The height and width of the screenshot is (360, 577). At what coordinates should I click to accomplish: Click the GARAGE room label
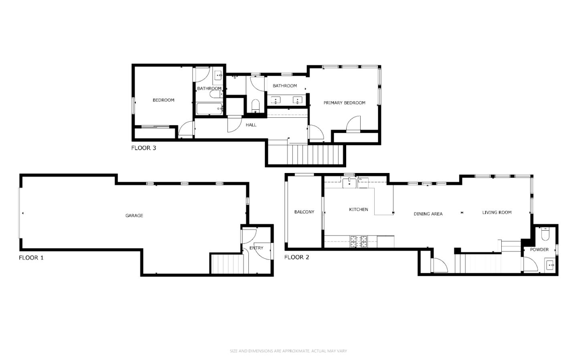coord(134,215)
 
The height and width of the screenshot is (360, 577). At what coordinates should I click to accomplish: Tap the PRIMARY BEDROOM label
coord(345,103)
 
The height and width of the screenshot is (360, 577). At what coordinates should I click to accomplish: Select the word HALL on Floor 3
coord(251,125)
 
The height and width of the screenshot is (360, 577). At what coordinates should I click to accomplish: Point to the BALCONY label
coord(304,212)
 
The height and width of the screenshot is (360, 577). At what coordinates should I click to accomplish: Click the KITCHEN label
coord(359,209)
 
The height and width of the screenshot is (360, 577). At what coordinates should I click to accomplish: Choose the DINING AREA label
coord(428,214)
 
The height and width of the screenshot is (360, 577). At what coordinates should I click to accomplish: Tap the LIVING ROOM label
coord(497,213)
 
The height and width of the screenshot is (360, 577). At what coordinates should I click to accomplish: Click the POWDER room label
coord(539,249)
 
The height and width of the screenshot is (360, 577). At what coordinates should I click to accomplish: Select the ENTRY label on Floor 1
coord(256,248)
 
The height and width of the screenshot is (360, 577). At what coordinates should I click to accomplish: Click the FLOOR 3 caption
coord(144,148)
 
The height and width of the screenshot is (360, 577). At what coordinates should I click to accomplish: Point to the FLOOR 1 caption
coord(31,258)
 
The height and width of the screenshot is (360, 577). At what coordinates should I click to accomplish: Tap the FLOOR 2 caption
coord(297,257)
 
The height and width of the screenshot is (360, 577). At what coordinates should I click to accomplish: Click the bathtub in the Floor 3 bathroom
coord(210,109)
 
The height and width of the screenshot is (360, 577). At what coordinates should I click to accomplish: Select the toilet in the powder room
coord(545,234)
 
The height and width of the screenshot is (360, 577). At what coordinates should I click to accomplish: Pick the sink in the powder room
coord(550,265)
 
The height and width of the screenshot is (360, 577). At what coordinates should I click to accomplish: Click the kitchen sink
coord(349,183)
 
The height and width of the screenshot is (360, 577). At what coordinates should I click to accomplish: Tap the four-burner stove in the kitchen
coord(358,241)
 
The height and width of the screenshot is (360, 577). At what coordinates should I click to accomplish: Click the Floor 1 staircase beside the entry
coord(227,263)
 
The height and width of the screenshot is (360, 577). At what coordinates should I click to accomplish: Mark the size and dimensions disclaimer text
coord(288,351)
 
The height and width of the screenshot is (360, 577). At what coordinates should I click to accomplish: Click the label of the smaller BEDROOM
coord(163,100)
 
